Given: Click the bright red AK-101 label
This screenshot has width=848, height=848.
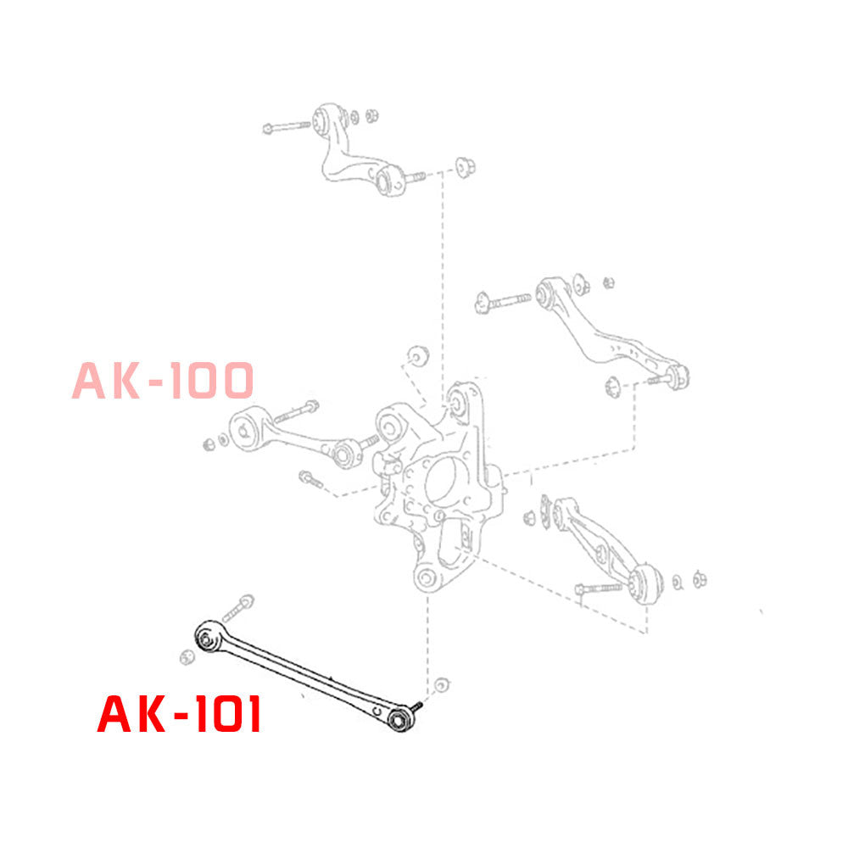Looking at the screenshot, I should [179, 715].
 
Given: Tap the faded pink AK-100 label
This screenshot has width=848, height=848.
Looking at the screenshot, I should [162, 380].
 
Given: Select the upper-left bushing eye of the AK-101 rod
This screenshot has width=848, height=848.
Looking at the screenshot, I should [206, 637].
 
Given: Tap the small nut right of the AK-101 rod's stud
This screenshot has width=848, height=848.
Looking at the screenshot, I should [440, 685].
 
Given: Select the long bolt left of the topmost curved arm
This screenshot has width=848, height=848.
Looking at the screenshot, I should [287, 127].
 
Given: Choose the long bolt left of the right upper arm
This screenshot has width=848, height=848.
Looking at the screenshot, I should [505, 299].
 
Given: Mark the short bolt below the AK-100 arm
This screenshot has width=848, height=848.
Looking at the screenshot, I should [311, 481].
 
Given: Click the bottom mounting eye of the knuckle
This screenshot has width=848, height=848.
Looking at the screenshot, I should [426, 579].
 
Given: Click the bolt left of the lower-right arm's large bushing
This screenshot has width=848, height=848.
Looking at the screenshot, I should [600, 587].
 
